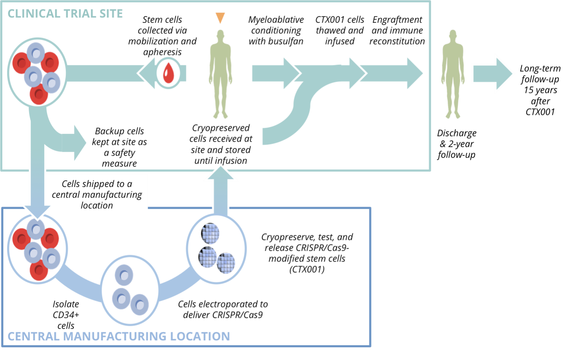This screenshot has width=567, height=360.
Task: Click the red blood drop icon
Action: (x=169, y=73)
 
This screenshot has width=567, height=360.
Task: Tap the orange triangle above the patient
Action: (x=220, y=18)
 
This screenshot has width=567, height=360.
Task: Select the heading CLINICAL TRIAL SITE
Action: (x=65, y=14)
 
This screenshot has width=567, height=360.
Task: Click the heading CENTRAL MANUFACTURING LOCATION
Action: (x=119, y=336)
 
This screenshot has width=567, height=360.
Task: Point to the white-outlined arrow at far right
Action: (x=493, y=74)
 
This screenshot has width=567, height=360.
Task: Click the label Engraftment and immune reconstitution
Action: (x=397, y=30)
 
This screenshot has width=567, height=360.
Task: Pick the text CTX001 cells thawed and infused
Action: (x=339, y=30)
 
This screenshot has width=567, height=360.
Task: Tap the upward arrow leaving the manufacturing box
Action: (x=220, y=191)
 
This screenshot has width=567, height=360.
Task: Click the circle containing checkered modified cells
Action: (x=216, y=249)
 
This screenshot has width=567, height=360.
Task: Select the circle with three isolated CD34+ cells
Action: (x=130, y=290)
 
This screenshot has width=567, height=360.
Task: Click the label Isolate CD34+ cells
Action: (x=66, y=315)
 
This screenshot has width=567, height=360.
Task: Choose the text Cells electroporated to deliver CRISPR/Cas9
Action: (x=223, y=309)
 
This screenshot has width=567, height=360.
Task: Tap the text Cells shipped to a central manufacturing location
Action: (x=97, y=195)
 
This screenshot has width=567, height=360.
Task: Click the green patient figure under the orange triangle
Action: (x=220, y=74)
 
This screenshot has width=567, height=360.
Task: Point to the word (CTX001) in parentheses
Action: (x=307, y=270)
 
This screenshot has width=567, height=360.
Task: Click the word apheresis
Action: (x=162, y=52)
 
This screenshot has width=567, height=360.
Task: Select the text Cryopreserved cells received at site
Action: (x=221, y=139)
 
